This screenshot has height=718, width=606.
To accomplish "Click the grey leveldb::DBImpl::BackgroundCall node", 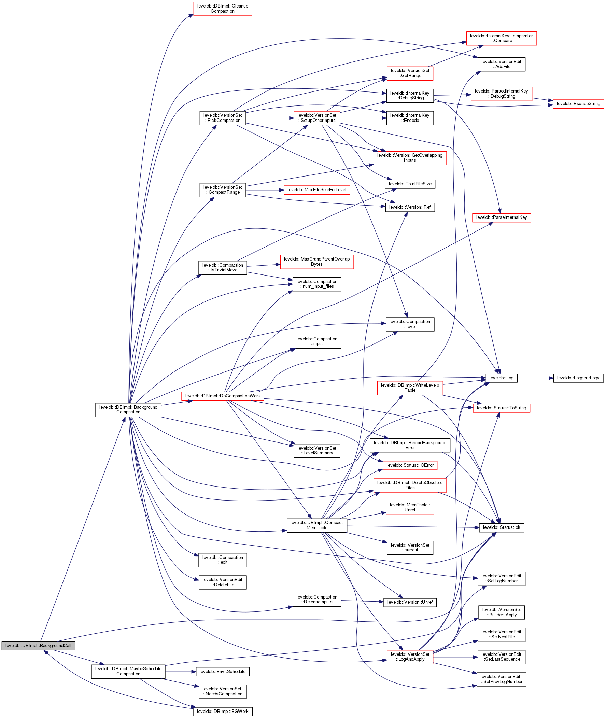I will pyautogui.click(x=38, y=646).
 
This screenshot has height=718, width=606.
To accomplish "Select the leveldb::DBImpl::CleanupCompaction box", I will pyautogui.click(x=223, y=9).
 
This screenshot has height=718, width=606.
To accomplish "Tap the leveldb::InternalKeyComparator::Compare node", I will pyautogui.click(x=501, y=38).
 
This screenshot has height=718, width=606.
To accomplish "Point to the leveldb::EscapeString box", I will pyautogui.click(x=578, y=104).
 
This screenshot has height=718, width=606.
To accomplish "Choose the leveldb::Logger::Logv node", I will pyautogui.click(x=578, y=378).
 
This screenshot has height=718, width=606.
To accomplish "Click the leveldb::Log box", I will pyautogui.click(x=501, y=378).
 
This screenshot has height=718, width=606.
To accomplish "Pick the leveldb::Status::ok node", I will pyautogui.click(x=501, y=527).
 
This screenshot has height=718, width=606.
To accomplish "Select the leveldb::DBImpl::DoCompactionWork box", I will pyautogui.click(x=223, y=396).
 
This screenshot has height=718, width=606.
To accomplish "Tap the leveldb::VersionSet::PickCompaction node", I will pyautogui.click(x=223, y=118).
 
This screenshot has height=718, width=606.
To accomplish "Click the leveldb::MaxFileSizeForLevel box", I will pyautogui.click(x=317, y=190).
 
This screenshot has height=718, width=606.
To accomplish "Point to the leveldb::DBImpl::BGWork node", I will pyautogui.click(x=223, y=712).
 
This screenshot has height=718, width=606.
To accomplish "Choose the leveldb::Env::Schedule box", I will pyautogui.click(x=223, y=672).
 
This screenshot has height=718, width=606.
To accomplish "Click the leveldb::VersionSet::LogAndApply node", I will pyautogui.click(x=410, y=657).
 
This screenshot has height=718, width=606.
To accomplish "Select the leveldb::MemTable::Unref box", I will pyautogui.click(x=410, y=507).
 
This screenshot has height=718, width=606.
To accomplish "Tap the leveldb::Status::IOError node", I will pyautogui.click(x=410, y=465).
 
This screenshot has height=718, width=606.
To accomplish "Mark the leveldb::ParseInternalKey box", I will pyautogui.click(x=501, y=217).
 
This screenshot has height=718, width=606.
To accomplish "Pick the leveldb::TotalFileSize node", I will pyautogui.click(x=410, y=184).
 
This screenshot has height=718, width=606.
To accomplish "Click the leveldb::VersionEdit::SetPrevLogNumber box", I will pyautogui.click(x=501, y=679).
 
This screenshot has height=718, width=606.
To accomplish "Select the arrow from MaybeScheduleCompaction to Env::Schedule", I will pyautogui.click(x=180, y=672).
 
